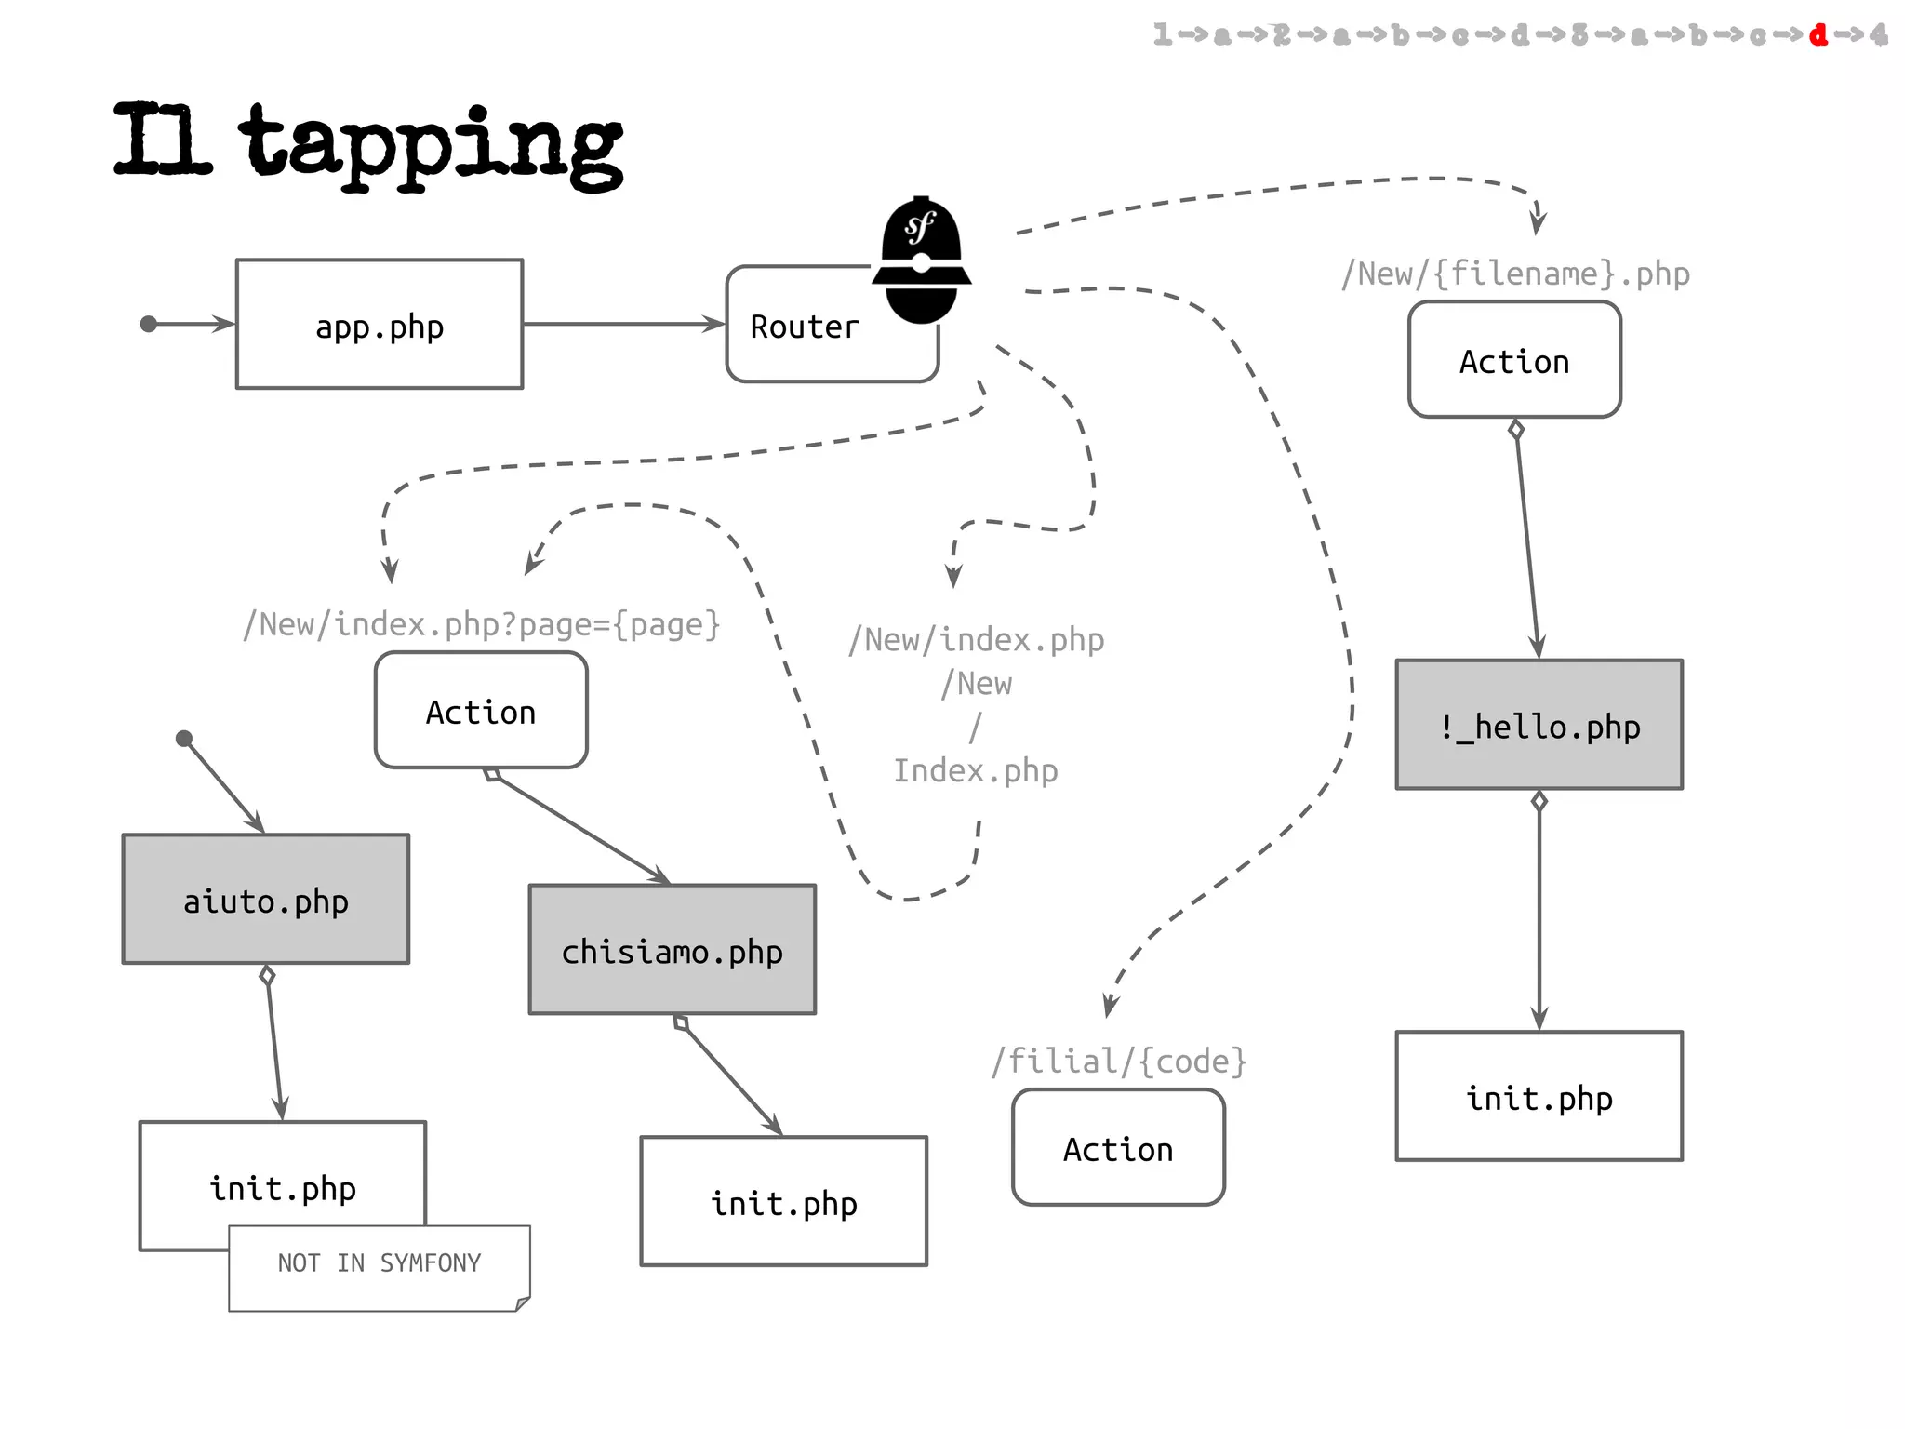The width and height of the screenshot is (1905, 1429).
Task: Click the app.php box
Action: (380, 325)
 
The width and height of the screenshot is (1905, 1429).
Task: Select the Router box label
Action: (805, 327)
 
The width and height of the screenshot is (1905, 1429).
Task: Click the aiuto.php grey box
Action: (266, 899)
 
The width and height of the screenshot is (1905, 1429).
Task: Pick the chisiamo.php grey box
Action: (672, 950)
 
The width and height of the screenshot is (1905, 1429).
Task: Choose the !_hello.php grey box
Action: (1539, 725)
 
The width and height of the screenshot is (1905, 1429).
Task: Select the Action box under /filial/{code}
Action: (1118, 1148)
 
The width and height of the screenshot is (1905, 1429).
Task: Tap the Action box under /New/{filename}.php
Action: (1514, 360)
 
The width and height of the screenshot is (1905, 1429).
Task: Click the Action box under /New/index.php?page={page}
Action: (481, 711)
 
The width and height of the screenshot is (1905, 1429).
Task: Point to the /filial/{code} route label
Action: (1118, 1062)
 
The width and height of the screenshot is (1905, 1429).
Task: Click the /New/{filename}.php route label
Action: (1515, 274)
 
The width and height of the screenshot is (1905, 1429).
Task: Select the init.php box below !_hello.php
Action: (1539, 1097)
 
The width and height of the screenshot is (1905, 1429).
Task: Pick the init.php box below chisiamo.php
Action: (783, 1202)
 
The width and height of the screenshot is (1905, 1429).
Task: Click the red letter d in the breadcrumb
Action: (1818, 35)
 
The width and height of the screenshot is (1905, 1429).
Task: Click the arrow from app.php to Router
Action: (623, 324)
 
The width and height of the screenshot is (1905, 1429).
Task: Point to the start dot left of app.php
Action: (149, 324)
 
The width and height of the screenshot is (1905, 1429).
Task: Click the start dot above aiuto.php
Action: (184, 739)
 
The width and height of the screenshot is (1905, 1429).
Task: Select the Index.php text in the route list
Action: (976, 771)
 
